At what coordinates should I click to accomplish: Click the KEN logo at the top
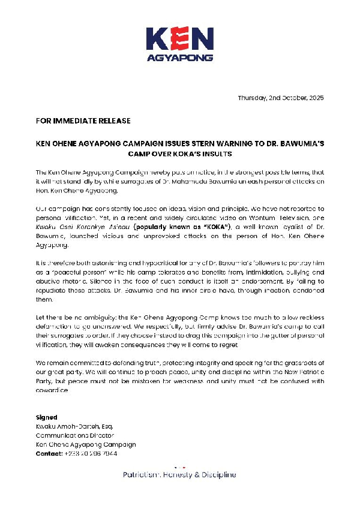pos(180,40)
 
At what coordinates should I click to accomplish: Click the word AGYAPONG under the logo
pos(180,59)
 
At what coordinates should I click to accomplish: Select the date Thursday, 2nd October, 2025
pos(280,98)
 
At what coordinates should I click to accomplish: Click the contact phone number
pos(92,454)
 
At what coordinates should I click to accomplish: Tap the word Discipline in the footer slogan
pos(218,475)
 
